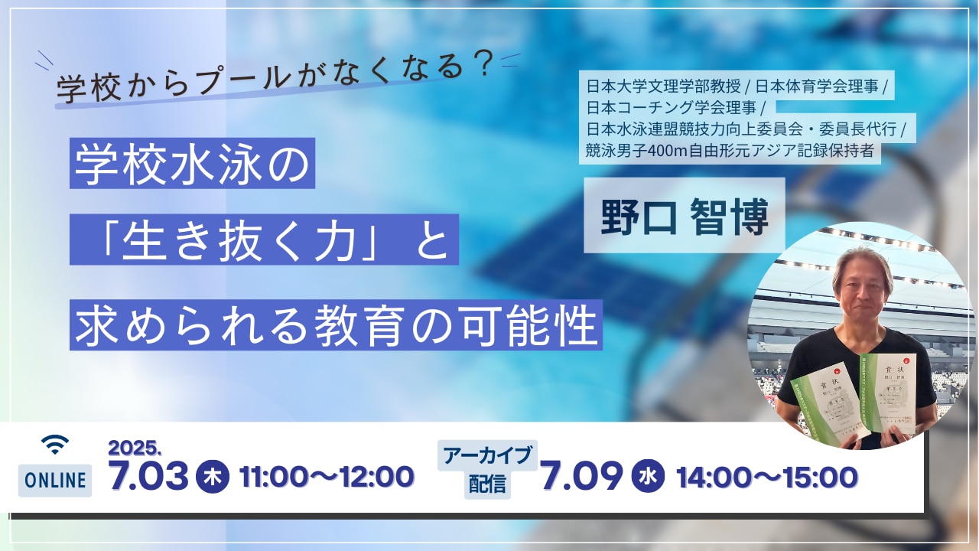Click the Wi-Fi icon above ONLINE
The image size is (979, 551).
(54, 444)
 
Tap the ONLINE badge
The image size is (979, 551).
(55, 481)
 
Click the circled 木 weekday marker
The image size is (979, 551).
(212, 477)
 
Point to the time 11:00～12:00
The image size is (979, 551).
(327, 477)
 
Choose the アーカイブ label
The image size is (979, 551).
(487, 455)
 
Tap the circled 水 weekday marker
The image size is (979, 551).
(647, 477)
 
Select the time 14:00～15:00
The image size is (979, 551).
(766, 477)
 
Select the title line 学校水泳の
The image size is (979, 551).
(192, 163)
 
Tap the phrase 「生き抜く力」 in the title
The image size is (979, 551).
(252, 240)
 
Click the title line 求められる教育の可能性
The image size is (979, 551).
(336, 325)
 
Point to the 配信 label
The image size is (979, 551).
(487, 484)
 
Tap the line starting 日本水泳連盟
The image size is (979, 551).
(746, 129)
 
